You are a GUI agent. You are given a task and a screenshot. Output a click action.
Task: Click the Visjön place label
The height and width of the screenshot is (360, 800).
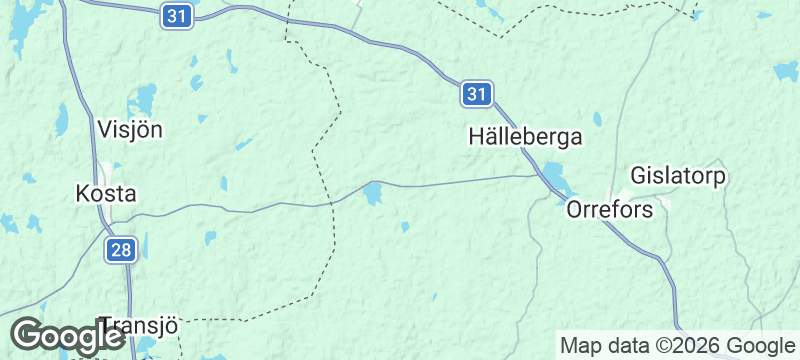click(x=130, y=129)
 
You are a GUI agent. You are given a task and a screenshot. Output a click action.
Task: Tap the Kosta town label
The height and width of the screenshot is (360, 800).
click(x=106, y=193)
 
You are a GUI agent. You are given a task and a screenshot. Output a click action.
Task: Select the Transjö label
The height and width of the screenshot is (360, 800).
click(x=140, y=326)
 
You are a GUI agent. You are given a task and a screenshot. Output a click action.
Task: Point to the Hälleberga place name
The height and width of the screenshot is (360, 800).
click(x=524, y=138)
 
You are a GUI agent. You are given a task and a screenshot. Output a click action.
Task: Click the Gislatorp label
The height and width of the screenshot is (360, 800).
click(x=678, y=177)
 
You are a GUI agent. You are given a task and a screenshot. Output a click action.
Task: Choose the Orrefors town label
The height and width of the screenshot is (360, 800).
click(x=609, y=210)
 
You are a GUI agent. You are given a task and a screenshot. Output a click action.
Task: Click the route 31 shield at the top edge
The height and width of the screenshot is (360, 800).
click(x=177, y=16)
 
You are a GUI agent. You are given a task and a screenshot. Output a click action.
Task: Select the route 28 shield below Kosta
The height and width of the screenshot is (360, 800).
click(x=121, y=250)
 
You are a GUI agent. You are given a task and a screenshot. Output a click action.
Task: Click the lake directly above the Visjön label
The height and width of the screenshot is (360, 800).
click(x=147, y=98)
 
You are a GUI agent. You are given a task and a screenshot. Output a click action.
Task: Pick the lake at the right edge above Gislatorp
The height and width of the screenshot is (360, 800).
click(x=787, y=72)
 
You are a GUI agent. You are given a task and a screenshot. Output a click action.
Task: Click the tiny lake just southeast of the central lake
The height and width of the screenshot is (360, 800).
click(x=404, y=227)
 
